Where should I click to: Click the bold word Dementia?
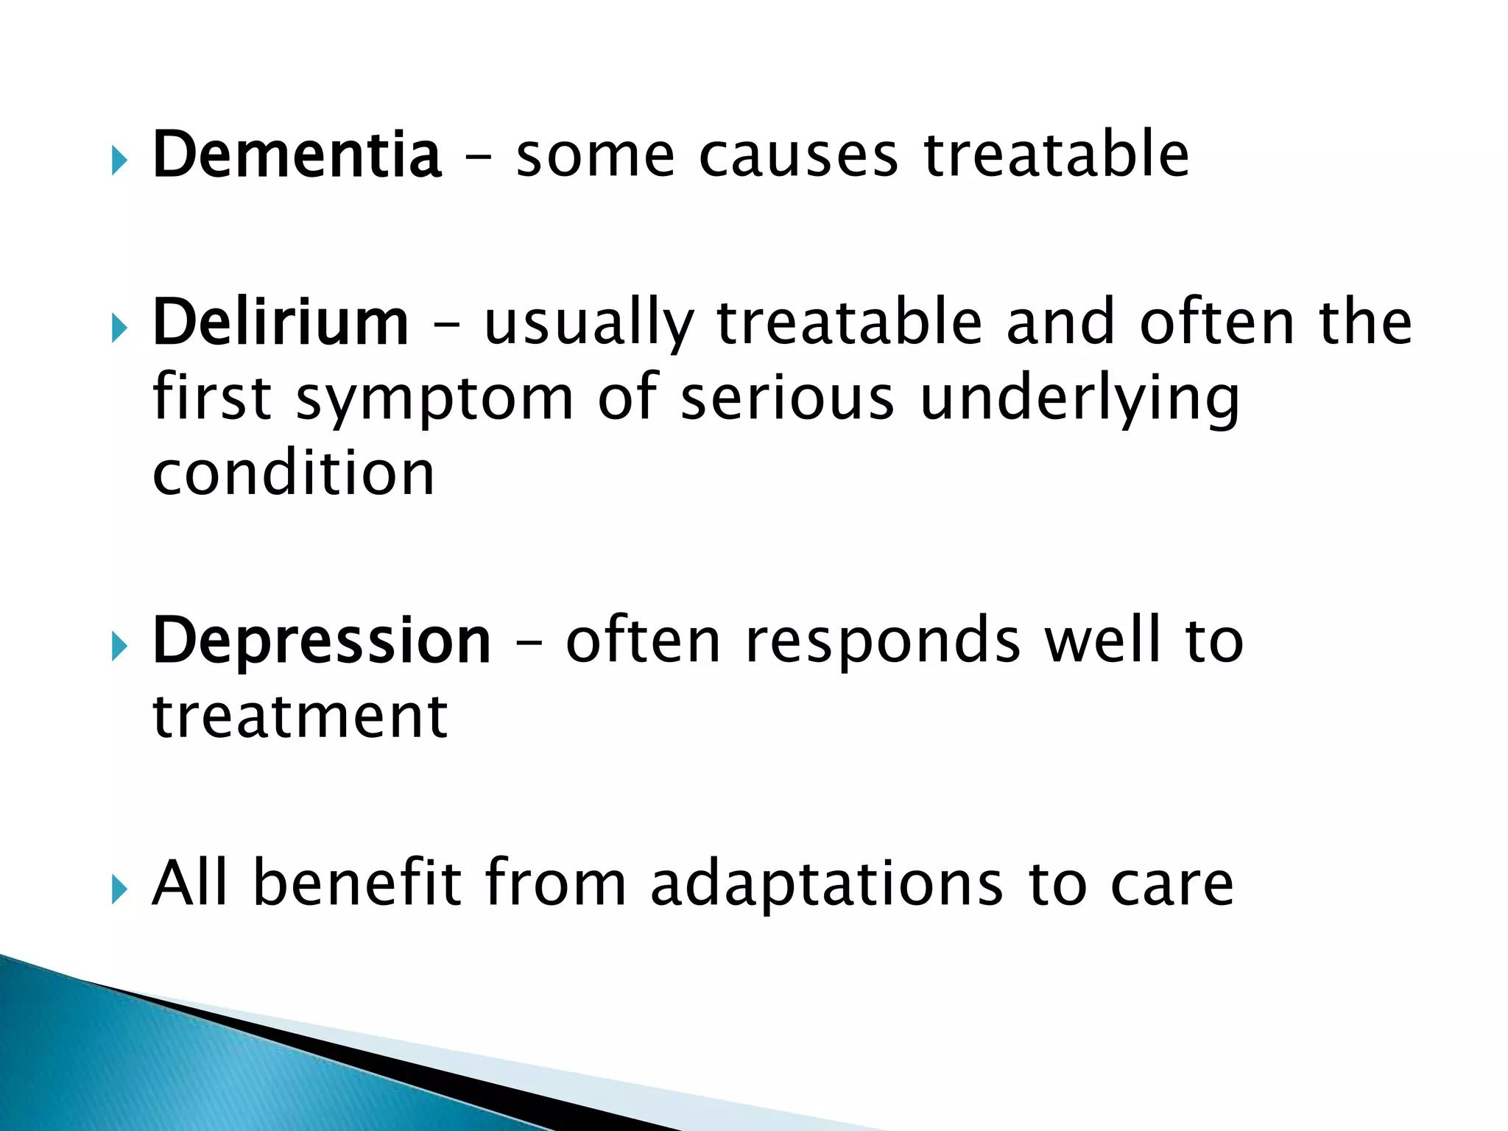296,155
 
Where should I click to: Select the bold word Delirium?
280,323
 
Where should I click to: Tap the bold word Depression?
321,641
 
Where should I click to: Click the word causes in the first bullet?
798,156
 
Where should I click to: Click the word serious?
787,398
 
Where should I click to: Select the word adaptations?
826,885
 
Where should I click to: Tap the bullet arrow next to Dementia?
119,161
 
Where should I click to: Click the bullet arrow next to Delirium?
119,328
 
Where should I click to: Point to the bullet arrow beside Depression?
119,646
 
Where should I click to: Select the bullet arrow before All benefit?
119,889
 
